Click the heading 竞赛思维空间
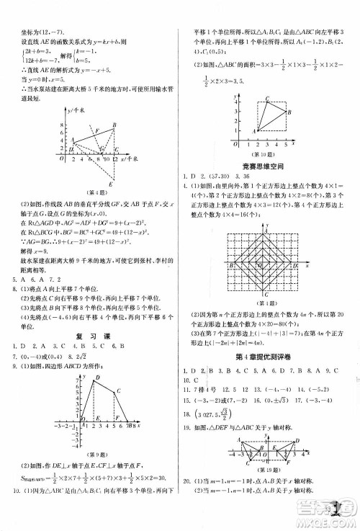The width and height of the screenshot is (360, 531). click(266, 164)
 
